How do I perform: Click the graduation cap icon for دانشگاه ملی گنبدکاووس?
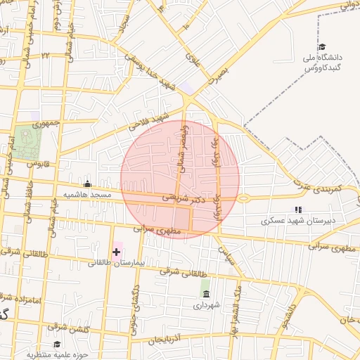[x=321, y=47]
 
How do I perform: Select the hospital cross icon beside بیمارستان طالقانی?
[x=116, y=252]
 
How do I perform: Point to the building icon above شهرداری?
[x=205, y=293]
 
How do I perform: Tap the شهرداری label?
[x=206, y=305]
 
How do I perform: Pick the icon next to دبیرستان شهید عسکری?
[x=298, y=210]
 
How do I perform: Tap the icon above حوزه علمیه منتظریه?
[x=57, y=344]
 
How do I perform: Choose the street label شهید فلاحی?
[x=149, y=122]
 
